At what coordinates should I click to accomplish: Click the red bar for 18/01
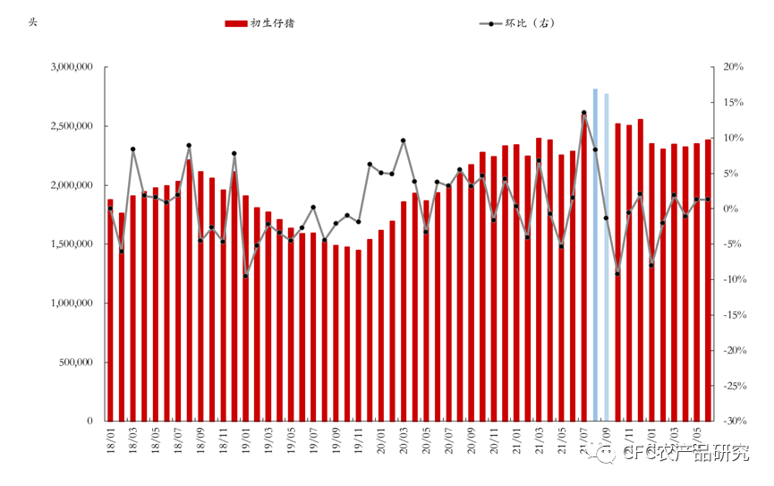click(x=110, y=310)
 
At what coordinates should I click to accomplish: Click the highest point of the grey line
click(x=584, y=113)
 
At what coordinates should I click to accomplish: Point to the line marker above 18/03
click(x=132, y=149)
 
